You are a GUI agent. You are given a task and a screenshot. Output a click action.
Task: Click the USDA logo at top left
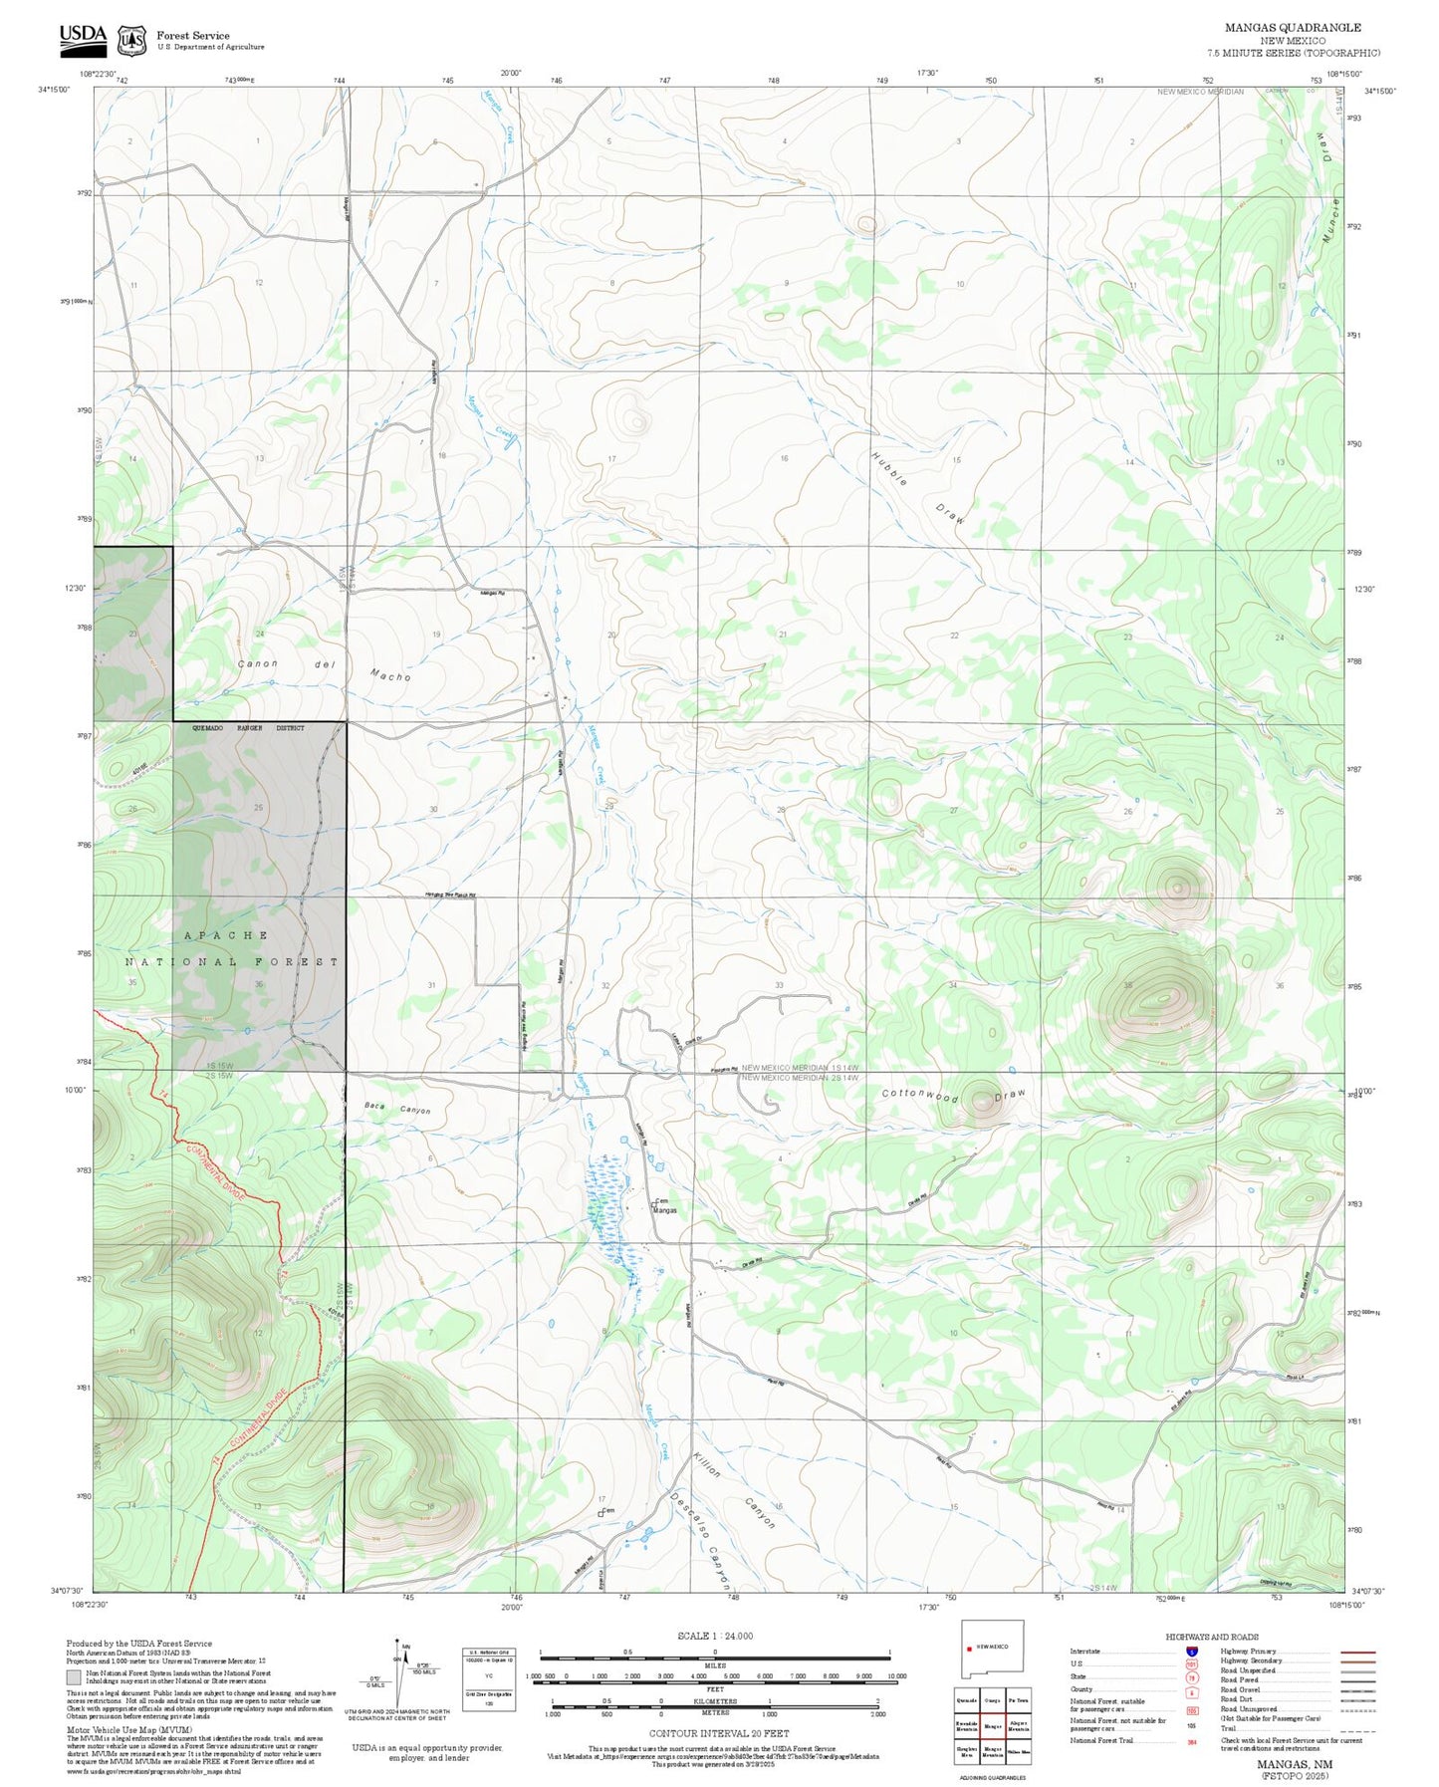83,38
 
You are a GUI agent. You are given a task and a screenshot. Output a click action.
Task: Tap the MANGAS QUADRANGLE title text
1292,28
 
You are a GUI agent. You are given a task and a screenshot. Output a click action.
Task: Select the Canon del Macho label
324,669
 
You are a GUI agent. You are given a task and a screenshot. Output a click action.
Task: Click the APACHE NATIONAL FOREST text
231,948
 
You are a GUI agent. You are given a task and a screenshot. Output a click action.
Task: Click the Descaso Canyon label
702,1540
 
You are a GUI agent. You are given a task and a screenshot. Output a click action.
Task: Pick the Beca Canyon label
396,1109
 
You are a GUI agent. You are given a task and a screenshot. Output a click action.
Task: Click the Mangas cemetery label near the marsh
663,1206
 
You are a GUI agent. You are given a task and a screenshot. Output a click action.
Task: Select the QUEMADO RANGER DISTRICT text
248,728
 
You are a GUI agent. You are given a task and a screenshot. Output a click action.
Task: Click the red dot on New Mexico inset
970,1647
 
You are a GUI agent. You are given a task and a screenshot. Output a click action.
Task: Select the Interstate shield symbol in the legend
1191,1652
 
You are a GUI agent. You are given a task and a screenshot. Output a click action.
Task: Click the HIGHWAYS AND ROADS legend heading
1212,1637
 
